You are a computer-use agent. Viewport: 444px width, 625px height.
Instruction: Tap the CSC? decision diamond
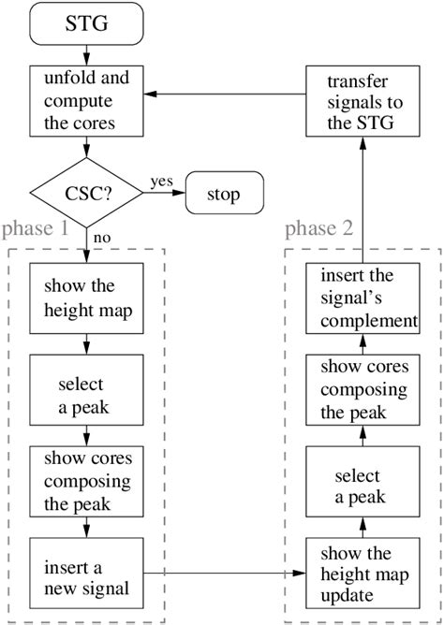87,194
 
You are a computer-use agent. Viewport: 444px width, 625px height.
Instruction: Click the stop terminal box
224,195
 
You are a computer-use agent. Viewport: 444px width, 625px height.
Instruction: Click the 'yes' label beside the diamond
160,182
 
